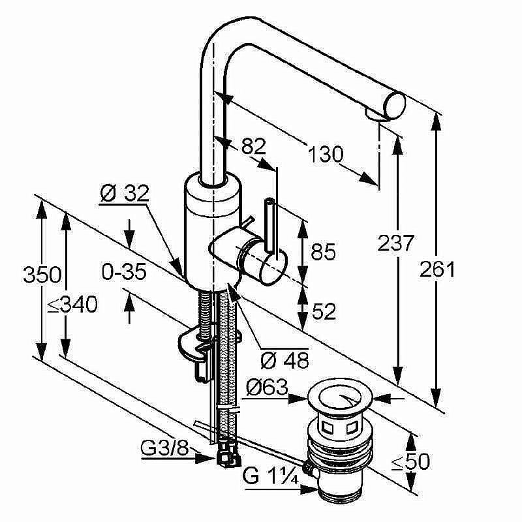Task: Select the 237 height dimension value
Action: (396, 243)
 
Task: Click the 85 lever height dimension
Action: (322, 253)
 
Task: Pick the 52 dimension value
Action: (323, 312)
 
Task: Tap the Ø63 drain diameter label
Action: (267, 388)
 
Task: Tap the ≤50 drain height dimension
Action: (410, 462)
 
